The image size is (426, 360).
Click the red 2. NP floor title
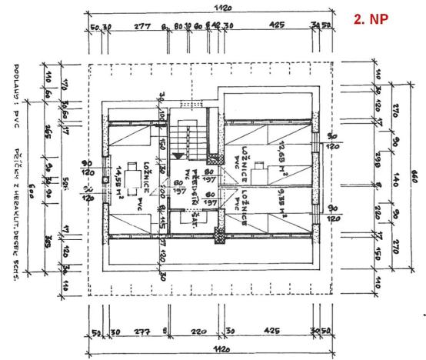(372, 18)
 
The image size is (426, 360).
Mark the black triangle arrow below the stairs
(179, 155)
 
